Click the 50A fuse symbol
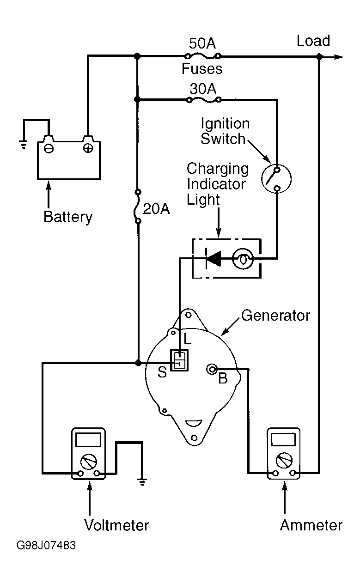pyautogui.click(x=203, y=56)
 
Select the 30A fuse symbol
pyautogui.click(x=203, y=99)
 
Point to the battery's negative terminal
pyautogui.click(x=49, y=148)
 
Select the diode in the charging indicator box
pyautogui.click(x=213, y=259)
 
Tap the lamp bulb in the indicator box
pyautogui.click(x=243, y=259)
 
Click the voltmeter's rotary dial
pyautogui.click(x=89, y=461)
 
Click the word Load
pyautogui.click(x=313, y=41)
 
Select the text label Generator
pyautogui.click(x=276, y=316)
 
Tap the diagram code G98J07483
pyautogui.click(x=46, y=546)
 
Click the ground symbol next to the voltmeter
pyautogui.click(x=142, y=483)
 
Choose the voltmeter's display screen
pyautogui.click(x=88, y=439)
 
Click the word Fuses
pyautogui.click(x=202, y=69)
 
